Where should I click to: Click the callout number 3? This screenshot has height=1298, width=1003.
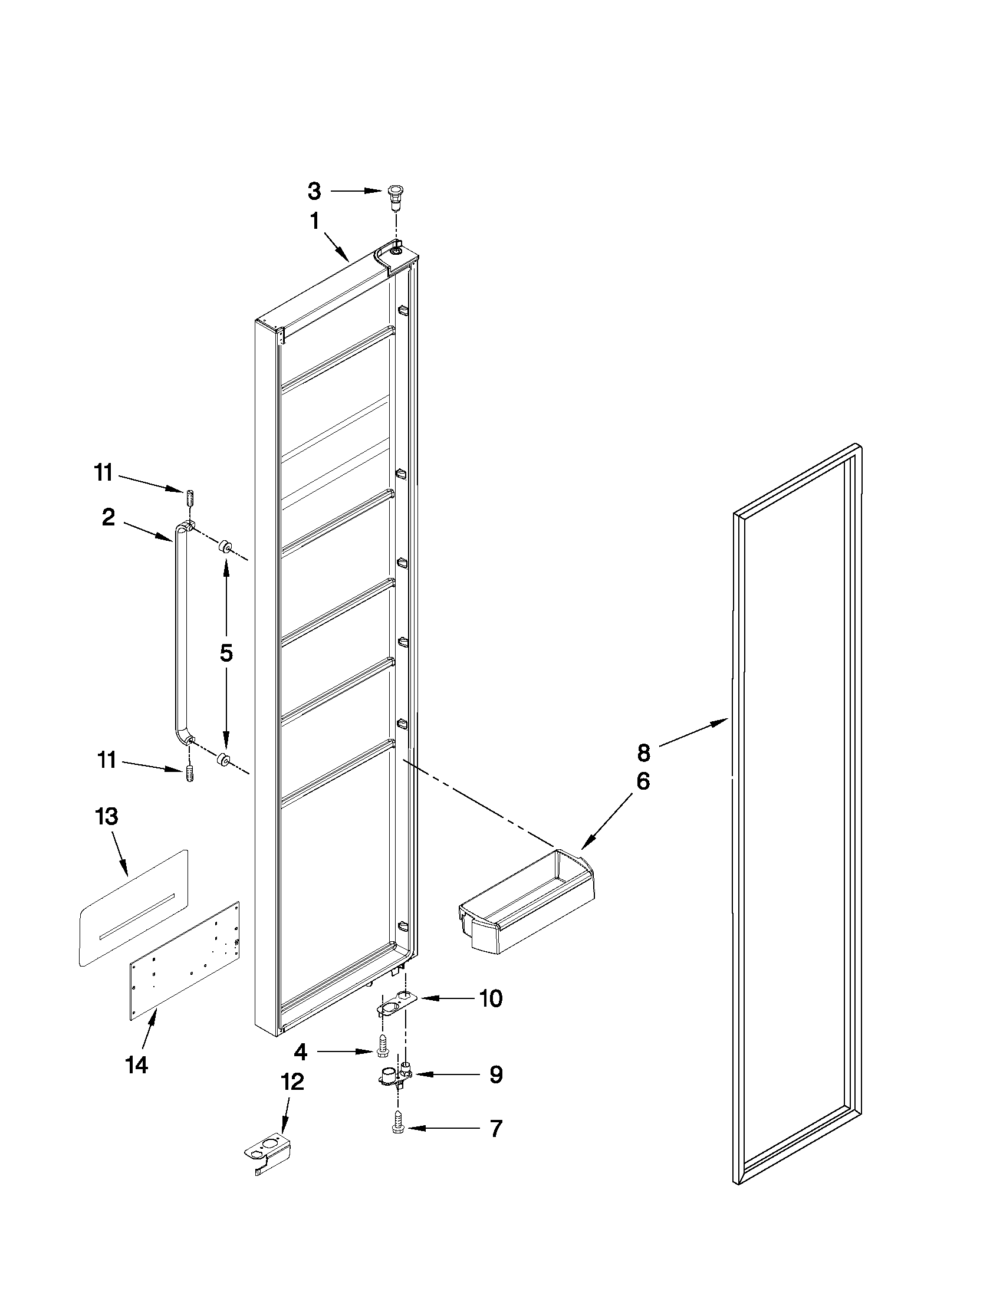[314, 192]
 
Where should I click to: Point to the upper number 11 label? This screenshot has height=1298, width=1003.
[103, 473]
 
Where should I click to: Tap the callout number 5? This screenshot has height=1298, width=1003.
[226, 653]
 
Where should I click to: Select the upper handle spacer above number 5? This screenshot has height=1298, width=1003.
[226, 546]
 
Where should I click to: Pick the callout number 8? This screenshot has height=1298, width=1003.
[643, 753]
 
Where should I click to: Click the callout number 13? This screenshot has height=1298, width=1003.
[107, 817]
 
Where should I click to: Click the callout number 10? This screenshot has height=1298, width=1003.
[491, 999]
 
